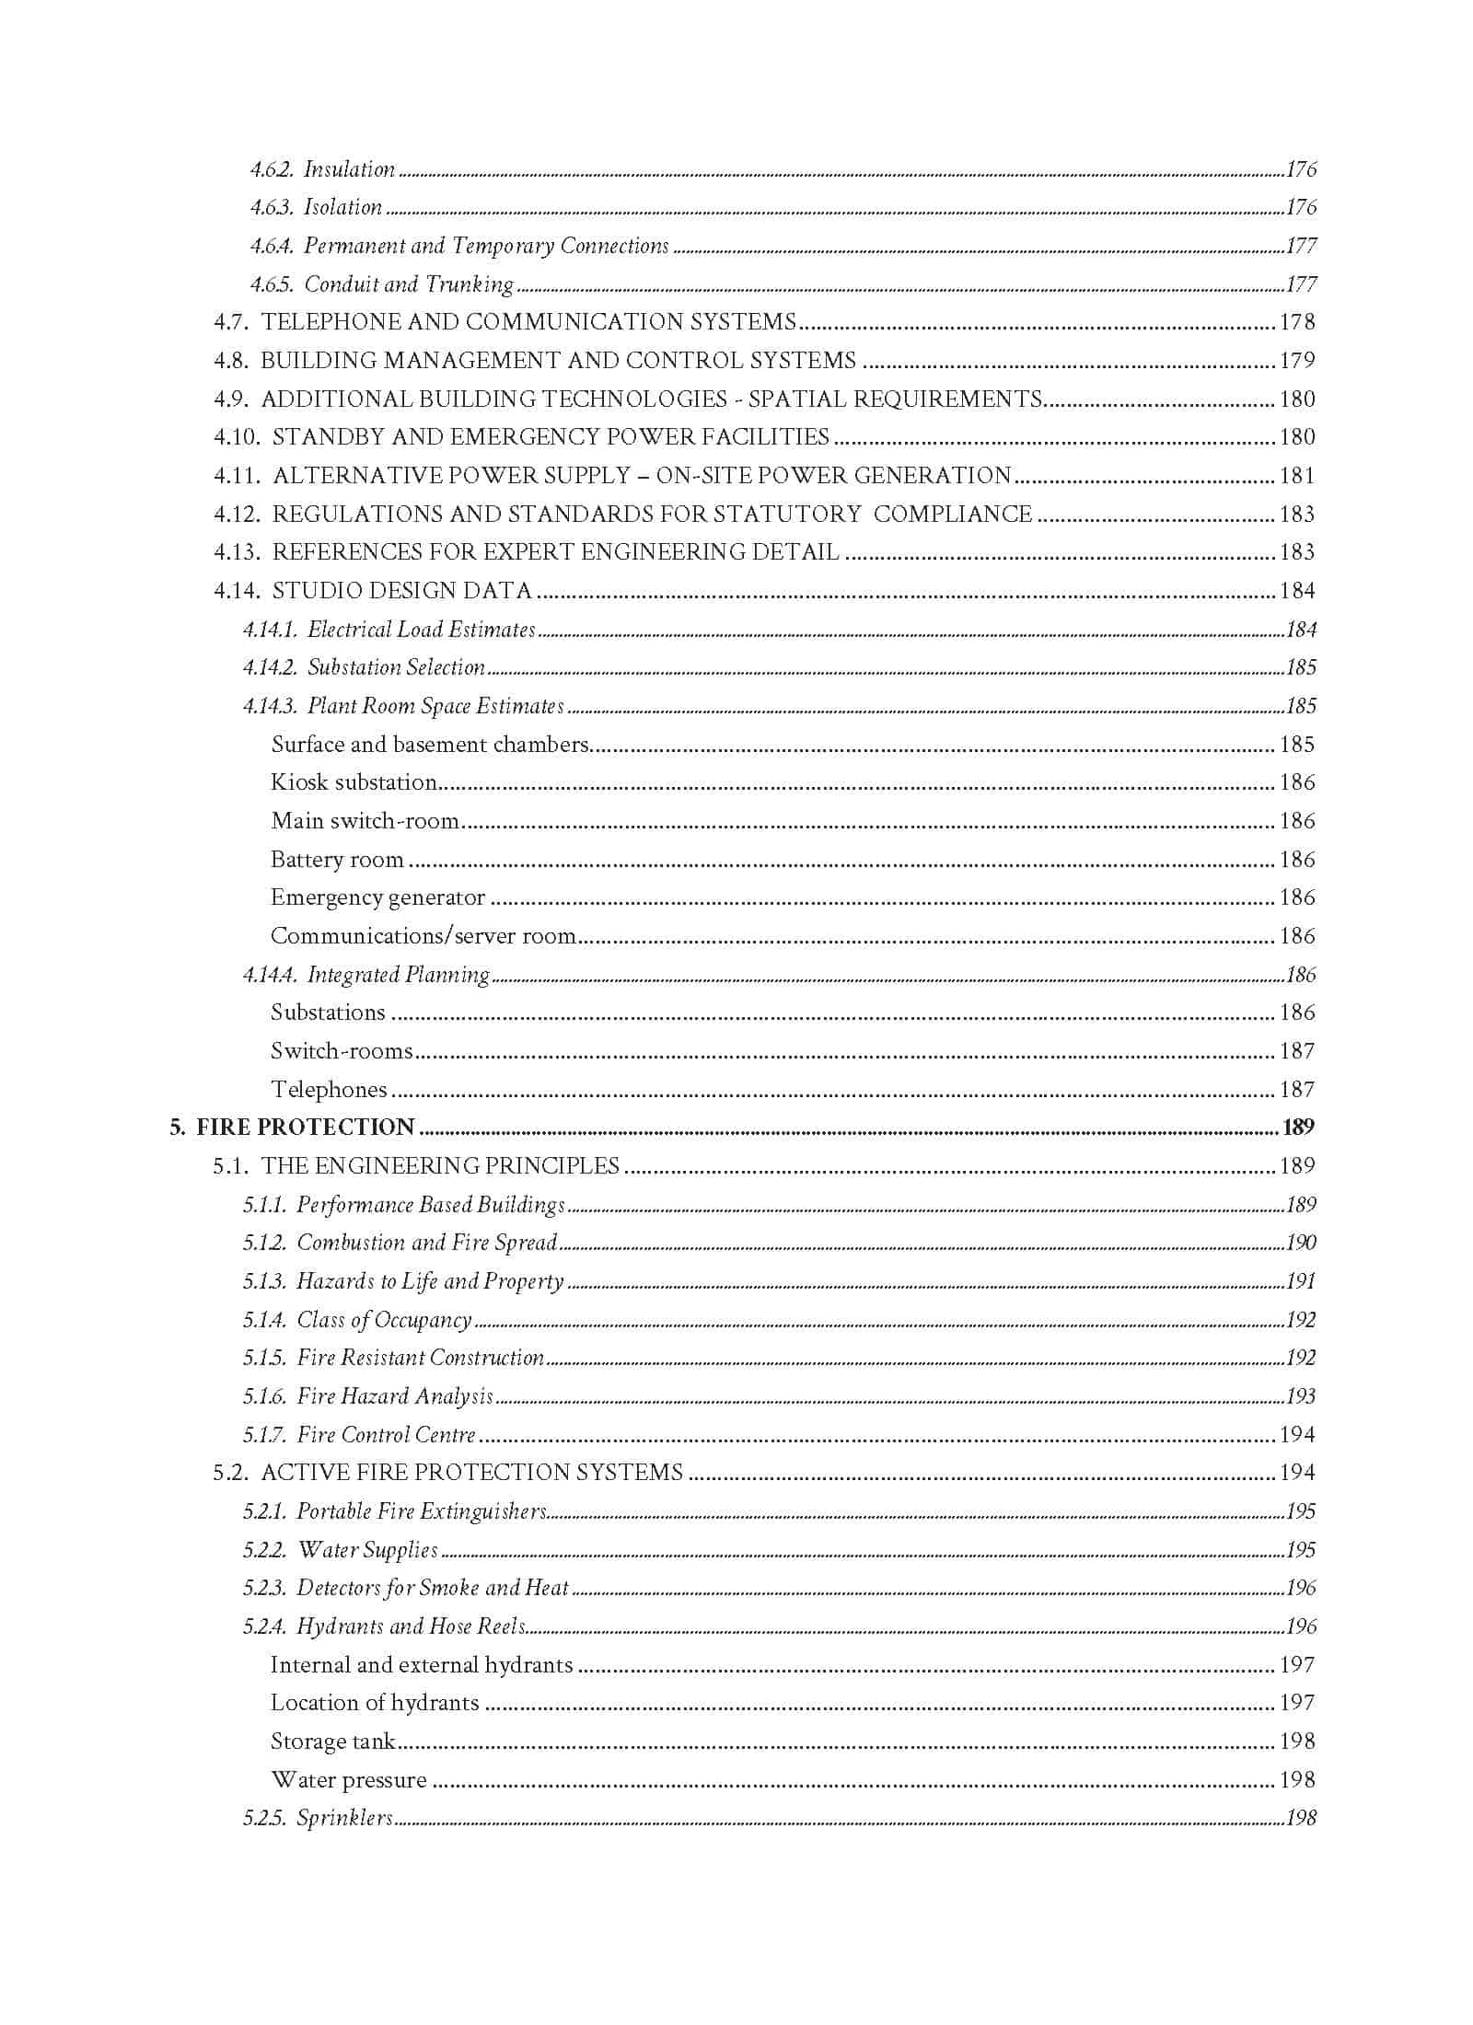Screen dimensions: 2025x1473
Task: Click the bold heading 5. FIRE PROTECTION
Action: tap(292, 1128)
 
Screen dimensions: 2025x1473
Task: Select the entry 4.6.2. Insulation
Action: tap(322, 169)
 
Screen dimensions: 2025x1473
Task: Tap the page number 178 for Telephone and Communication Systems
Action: tap(1296, 322)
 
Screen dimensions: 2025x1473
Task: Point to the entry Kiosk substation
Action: tap(354, 782)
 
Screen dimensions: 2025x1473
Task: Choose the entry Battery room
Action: tap(337, 860)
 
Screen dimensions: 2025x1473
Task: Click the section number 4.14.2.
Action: tap(271, 667)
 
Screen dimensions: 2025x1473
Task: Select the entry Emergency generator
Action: tap(377, 897)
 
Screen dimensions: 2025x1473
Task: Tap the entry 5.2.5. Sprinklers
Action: tap(318, 1818)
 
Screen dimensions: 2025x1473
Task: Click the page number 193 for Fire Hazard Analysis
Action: tap(1300, 1396)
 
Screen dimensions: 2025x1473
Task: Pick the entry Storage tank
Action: tap(332, 1741)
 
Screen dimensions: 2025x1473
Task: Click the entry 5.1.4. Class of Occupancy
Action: tap(357, 1320)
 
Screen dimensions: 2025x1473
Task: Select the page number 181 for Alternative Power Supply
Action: tap(1296, 476)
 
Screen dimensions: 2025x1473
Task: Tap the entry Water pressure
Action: tap(348, 1780)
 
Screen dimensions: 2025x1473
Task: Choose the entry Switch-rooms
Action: tap(342, 1051)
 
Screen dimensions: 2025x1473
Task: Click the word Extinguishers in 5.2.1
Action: tap(483, 1511)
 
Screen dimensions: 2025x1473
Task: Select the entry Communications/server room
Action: tap(423, 936)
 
